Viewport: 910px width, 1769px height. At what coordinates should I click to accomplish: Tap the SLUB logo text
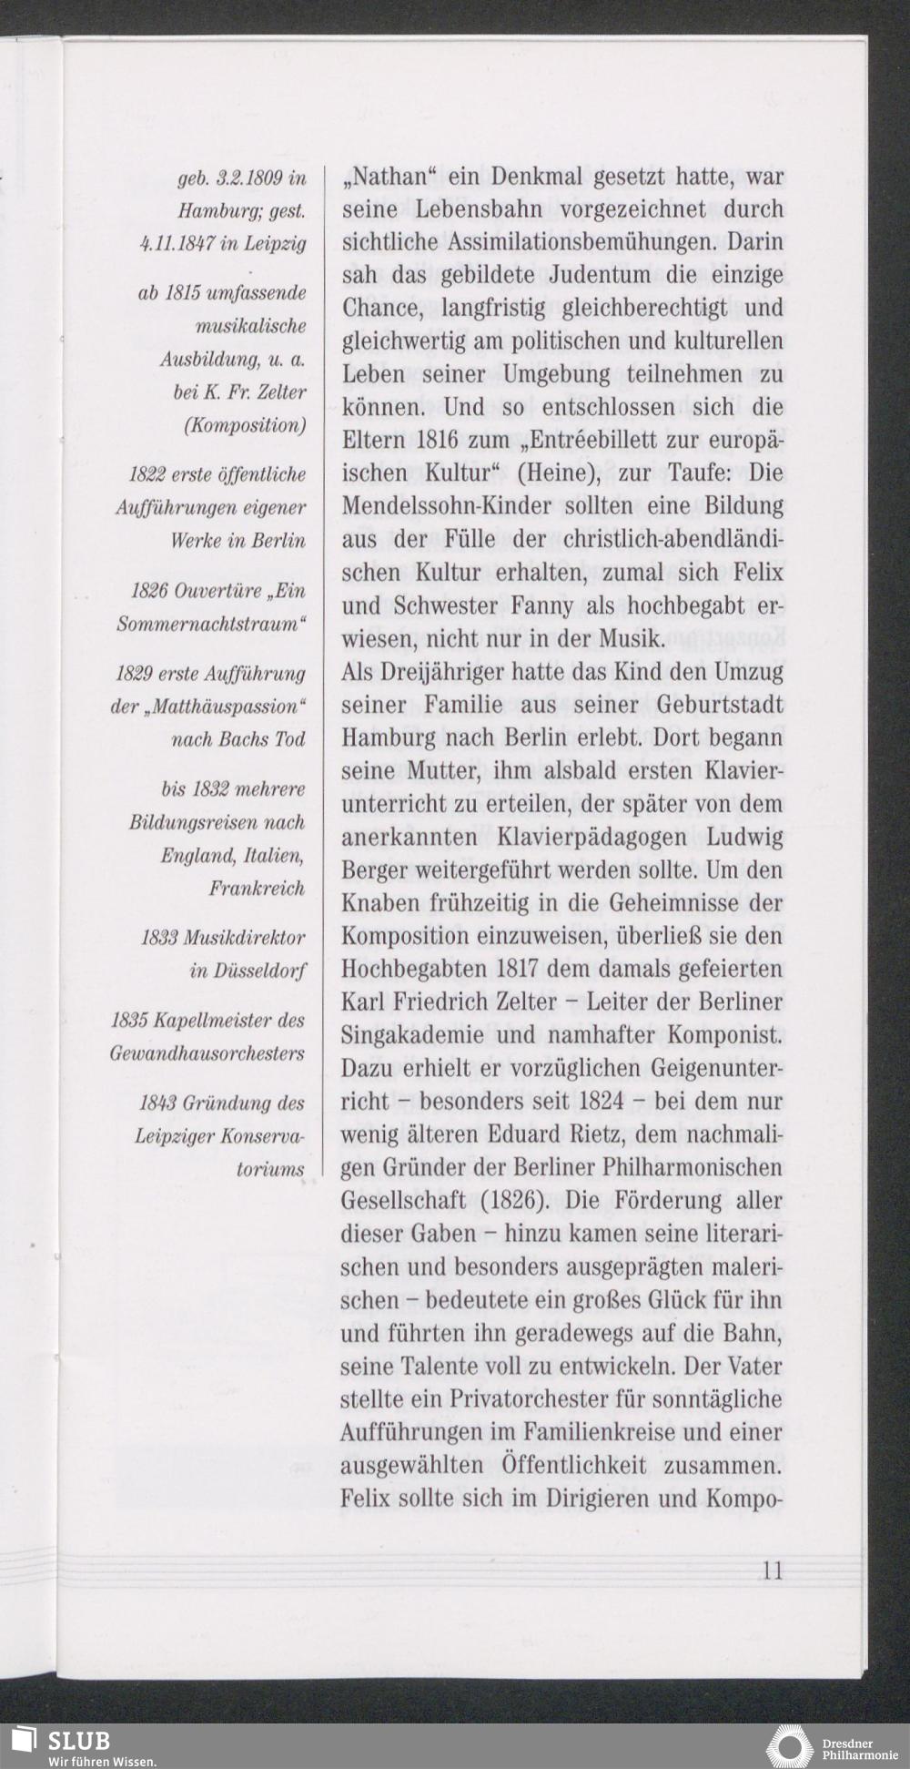(x=79, y=1740)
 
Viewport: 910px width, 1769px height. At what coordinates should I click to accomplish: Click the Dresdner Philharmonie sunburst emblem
(x=788, y=1744)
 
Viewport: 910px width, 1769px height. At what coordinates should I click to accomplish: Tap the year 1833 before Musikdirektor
(x=159, y=938)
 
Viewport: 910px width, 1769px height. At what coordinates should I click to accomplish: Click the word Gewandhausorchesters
(x=207, y=1053)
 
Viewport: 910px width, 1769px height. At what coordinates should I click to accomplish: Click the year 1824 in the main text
(x=601, y=1102)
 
